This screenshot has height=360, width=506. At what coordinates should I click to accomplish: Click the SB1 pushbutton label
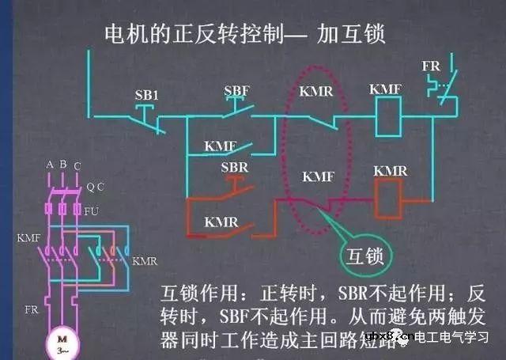click(x=147, y=95)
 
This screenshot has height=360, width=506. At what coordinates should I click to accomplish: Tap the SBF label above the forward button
click(x=236, y=91)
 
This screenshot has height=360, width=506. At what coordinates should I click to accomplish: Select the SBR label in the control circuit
click(x=235, y=169)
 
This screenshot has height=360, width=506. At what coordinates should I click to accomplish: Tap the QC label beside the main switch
click(x=95, y=188)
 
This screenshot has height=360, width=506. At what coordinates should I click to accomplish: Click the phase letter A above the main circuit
click(x=49, y=165)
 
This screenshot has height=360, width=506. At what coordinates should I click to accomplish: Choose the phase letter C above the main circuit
click(x=76, y=165)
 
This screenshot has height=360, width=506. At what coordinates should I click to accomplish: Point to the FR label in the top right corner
click(x=431, y=66)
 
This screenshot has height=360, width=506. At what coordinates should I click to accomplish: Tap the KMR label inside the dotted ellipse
click(x=316, y=93)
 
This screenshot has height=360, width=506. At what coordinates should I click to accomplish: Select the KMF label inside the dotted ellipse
click(x=318, y=177)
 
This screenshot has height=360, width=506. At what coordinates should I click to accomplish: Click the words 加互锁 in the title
click(x=351, y=36)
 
